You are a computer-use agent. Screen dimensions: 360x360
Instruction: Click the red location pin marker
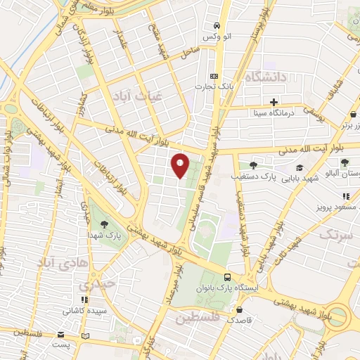(180, 165)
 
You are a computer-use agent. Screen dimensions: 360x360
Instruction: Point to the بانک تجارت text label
(214, 86)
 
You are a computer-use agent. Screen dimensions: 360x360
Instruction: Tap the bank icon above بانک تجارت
(214, 76)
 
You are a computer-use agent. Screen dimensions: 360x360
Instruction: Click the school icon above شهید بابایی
(301, 168)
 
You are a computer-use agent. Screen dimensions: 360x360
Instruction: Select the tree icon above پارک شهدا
(103, 223)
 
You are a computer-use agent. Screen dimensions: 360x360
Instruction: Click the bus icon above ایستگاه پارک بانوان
(227, 277)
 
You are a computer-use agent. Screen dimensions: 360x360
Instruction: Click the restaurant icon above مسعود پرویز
(345, 197)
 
